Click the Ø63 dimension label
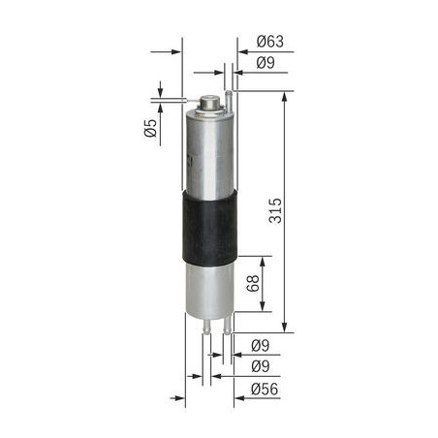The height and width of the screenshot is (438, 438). (270, 42)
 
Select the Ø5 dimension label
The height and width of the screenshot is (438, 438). (150, 128)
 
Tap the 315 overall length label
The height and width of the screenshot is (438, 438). (275, 210)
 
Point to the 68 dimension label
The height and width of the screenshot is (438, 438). (253, 283)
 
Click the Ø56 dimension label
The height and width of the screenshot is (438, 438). (265, 389)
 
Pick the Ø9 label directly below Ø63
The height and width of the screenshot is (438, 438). (266, 63)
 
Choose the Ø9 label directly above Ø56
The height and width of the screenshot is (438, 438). (261, 366)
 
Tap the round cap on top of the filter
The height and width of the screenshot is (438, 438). (209, 102)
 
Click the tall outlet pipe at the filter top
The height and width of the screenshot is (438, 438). (229, 101)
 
